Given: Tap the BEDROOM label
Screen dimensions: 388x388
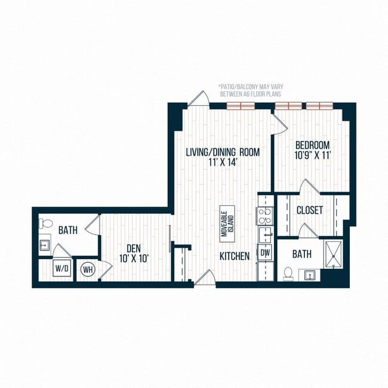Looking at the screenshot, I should coord(312,144).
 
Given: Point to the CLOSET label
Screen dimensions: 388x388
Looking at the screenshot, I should coord(309,211).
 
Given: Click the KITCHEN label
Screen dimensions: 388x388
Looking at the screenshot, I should coord(234,256).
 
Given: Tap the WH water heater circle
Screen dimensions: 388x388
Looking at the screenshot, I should coord(88,269).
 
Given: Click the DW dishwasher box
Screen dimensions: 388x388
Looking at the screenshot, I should coord(265,253).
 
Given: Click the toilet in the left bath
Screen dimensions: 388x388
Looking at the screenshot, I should coord(44,224).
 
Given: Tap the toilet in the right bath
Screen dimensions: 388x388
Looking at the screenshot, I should coord(289,274).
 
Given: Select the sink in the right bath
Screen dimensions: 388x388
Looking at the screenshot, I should coord(310,275).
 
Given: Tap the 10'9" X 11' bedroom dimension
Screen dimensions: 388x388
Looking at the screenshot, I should coord(312,155).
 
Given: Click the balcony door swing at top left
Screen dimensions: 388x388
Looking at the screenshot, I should coord(199,99).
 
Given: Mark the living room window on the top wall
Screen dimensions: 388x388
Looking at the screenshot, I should coord(241,106).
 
